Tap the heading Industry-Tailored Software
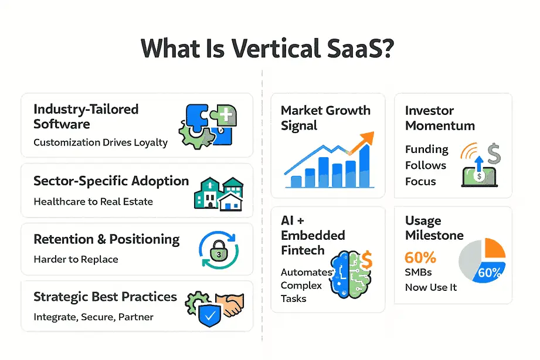86,117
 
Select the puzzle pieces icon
208,126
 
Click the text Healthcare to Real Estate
93,202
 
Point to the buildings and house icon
219,194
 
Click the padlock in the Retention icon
219,251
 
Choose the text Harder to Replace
76,259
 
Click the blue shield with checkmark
210,315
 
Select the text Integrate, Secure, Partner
93,317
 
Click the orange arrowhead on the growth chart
366,138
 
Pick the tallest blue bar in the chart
365,166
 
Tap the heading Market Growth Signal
325,118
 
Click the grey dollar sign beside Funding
494,153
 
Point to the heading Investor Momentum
440,118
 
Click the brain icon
351,274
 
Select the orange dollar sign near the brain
367,260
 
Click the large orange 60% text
420,257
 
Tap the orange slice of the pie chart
495,249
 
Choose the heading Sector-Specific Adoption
111,181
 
